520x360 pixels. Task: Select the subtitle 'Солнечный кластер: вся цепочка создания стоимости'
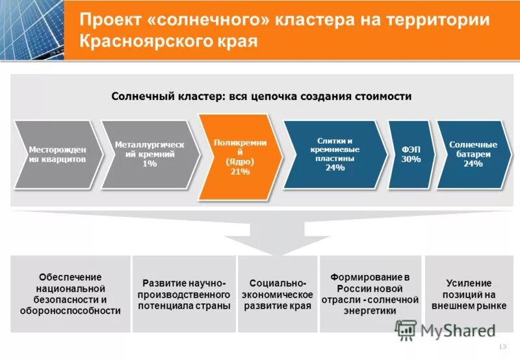[261, 96]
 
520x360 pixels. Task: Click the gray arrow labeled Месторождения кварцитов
[57, 155]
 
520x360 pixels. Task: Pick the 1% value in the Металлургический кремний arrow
[149, 164]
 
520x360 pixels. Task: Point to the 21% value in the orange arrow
[240, 171]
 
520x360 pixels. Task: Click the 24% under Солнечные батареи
[473, 164]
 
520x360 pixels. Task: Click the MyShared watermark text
[458, 330]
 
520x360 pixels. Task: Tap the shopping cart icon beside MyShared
[406, 330]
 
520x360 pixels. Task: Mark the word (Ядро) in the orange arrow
[240, 161]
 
